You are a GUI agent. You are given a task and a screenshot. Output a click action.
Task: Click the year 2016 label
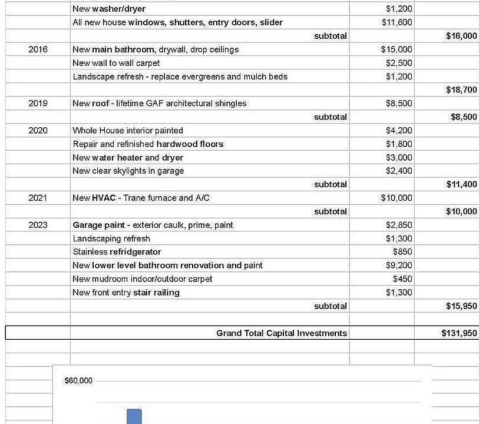pos(38,49)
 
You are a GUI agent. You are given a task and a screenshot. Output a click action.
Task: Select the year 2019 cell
pos(38,103)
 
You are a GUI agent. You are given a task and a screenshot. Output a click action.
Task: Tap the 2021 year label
pos(38,198)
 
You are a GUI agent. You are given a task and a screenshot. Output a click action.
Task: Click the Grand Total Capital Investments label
pos(281,333)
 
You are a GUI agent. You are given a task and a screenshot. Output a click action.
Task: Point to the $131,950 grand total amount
pos(459,333)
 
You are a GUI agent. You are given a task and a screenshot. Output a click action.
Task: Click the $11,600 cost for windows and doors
pos(398,22)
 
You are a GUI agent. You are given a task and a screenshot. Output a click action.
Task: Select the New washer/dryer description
pos(109,9)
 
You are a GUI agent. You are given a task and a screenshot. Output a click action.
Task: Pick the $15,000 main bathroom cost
pos(397,49)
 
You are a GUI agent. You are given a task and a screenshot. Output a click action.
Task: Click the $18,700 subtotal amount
pos(461,90)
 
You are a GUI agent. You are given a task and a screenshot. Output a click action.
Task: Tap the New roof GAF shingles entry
pos(159,103)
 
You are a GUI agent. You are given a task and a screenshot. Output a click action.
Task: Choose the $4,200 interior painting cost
pos(399,130)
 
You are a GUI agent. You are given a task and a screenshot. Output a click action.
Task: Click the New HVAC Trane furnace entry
pos(141,198)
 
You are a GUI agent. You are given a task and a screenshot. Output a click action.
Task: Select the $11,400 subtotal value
pos(461,184)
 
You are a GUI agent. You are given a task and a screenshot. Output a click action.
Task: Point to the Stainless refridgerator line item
pos(117,252)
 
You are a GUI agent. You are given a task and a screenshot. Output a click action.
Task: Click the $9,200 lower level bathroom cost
pos(399,266)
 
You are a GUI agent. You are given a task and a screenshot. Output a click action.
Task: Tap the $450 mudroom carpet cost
pos(402,279)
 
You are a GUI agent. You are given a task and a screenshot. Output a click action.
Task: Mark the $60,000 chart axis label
pos(78,380)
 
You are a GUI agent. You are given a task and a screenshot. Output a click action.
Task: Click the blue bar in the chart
pos(134,416)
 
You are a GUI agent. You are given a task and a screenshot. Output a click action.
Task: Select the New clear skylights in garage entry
pos(128,171)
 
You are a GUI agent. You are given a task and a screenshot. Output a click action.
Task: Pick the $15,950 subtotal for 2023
pos(461,306)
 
